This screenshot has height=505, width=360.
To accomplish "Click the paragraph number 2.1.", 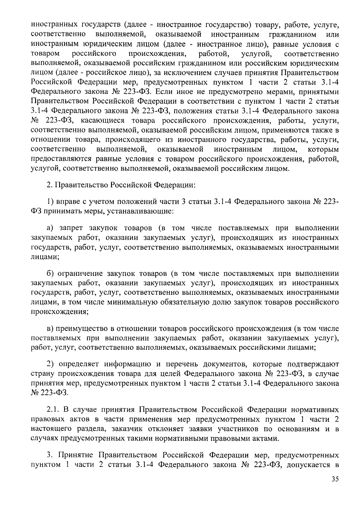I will [52, 410].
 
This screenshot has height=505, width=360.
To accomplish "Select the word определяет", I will [79, 364].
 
